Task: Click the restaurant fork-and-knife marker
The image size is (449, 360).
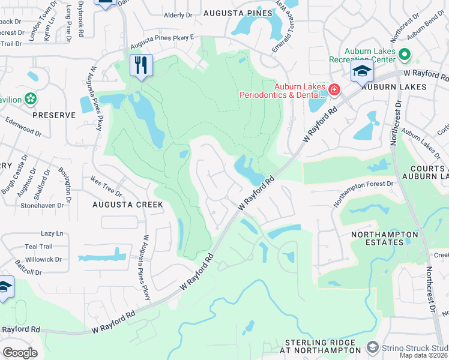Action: tap(141, 65)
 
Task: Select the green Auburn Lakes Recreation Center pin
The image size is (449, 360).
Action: tap(404, 55)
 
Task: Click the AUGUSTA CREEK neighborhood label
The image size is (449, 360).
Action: tap(127, 205)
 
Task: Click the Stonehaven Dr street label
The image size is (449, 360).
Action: tap(41, 205)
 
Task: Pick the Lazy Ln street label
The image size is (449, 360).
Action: tap(52, 233)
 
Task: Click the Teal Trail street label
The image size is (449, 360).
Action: tap(39, 247)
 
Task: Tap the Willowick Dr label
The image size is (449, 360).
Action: tap(43, 260)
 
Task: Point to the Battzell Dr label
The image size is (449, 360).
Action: tap(29, 272)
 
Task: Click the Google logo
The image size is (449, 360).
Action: tap(20, 352)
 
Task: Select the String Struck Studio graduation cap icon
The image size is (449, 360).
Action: tap(373, 347)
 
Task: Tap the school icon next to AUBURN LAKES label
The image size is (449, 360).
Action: tap(363, 73)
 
